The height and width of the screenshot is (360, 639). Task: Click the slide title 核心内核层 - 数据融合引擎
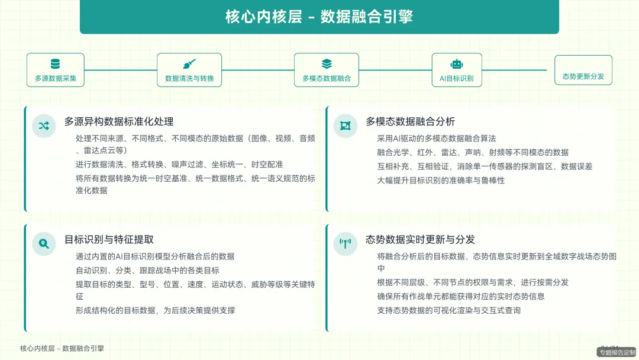(319, 17)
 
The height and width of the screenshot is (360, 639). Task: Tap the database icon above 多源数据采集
(55, 64)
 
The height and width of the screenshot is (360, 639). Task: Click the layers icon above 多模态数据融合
(327, 64)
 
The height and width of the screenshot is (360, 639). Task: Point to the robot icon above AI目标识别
(456, 64)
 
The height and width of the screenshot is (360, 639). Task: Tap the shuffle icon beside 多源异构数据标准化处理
(44, 126)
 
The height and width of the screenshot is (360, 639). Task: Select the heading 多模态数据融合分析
(410, 121)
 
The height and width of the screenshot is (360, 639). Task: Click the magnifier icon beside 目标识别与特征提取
(44, 243)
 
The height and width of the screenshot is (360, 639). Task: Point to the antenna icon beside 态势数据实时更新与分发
(345, 243)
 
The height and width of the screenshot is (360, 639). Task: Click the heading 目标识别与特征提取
(109, 239)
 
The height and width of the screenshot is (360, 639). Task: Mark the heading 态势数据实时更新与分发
(420, 239)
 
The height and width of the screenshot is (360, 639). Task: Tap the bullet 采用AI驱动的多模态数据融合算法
(436, 138)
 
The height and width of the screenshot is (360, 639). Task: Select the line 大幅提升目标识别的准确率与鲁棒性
(441, 180)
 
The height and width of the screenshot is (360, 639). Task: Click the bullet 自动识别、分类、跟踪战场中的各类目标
(147, 270)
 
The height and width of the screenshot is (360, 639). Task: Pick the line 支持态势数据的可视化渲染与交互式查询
(448, 310)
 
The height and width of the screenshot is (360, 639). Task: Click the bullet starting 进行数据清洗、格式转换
(179, 164)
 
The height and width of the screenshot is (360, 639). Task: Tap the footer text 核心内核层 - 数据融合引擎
(62, 349)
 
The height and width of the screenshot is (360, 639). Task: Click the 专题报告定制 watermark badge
(617, 352)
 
